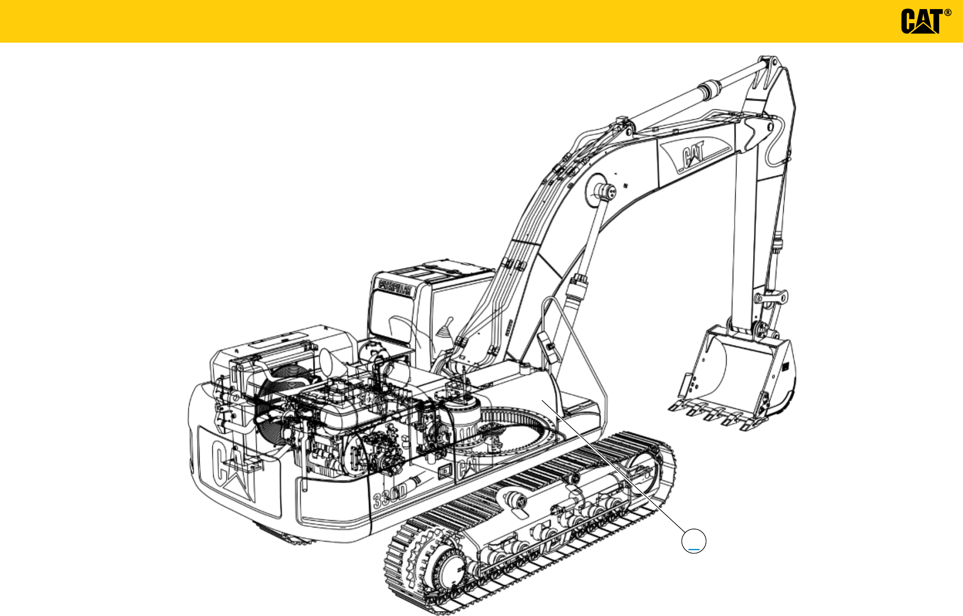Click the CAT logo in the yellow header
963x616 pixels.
coord(921,21)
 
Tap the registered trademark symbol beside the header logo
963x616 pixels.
coord(948,13)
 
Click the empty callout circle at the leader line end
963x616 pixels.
coord(693,541)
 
